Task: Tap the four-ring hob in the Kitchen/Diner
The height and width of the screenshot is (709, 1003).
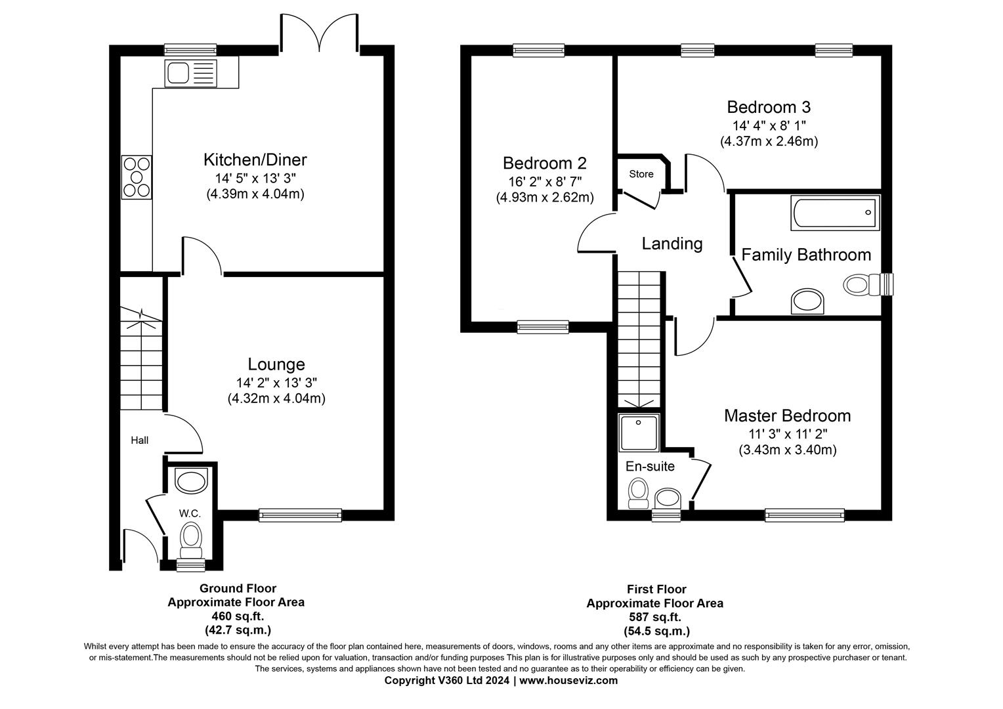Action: coord(137,177)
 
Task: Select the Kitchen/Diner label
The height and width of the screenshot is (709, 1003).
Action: coord(255,160)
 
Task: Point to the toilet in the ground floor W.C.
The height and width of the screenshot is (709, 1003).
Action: coord(191,536)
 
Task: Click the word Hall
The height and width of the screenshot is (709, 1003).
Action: coord(139,440)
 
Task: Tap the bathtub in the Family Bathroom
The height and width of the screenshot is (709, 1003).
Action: coord(836,213)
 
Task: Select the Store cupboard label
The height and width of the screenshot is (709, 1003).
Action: coord(641,174)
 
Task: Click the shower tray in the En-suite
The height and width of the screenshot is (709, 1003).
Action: coord(638,433)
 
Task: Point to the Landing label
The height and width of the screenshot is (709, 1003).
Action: coord(672,244)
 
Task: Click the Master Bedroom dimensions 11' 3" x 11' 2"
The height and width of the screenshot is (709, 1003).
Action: coord(787,433)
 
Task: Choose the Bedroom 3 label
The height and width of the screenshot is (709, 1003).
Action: coord(769,107)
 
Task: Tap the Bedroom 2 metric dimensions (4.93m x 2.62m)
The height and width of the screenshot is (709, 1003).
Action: coord(544,197)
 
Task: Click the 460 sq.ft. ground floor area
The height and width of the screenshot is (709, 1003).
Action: coord(238,616)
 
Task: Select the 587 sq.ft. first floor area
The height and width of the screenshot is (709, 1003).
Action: coord(654,617)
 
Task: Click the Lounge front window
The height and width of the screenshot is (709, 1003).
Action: coord(301,515)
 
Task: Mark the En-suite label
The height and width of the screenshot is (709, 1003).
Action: coord(649,466)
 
